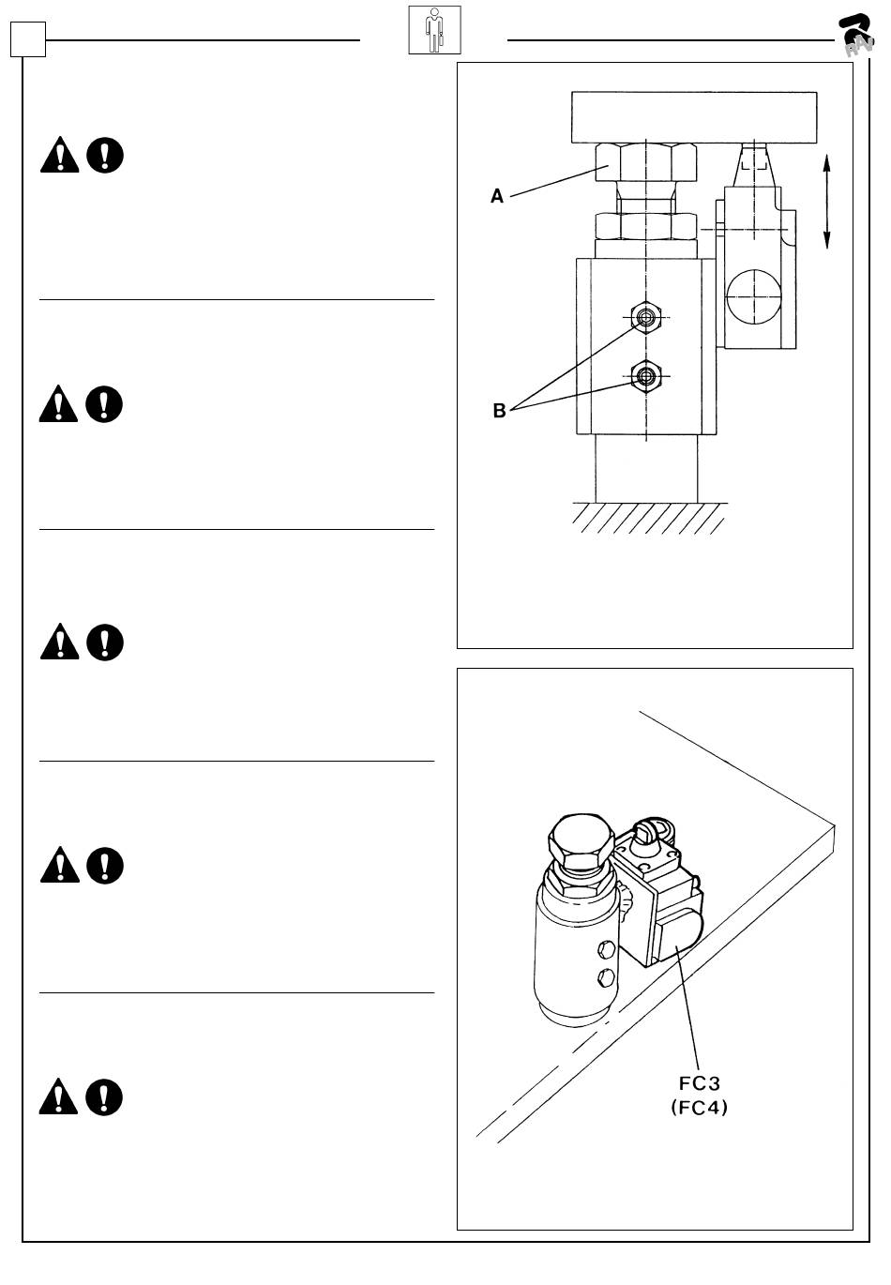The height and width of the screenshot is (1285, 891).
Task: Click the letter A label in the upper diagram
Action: (497, 196)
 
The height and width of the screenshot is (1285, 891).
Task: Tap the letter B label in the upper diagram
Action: (499, 411)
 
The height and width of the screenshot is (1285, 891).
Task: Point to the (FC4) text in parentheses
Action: (700, 1108)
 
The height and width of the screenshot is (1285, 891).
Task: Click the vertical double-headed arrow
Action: (826, 203)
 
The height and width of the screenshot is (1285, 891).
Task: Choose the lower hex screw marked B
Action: (645, 377)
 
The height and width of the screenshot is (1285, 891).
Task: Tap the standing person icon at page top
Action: (434, 30)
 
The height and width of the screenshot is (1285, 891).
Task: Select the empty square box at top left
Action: (28, 39)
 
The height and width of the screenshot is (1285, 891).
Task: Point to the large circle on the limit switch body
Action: (753, 297)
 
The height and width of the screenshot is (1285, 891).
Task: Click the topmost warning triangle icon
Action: (59, 155)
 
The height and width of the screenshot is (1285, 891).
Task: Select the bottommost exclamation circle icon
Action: (104, 1096)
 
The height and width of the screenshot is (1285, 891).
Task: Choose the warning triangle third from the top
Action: (59, 642)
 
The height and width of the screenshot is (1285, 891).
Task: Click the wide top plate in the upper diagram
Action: (694, 116)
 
